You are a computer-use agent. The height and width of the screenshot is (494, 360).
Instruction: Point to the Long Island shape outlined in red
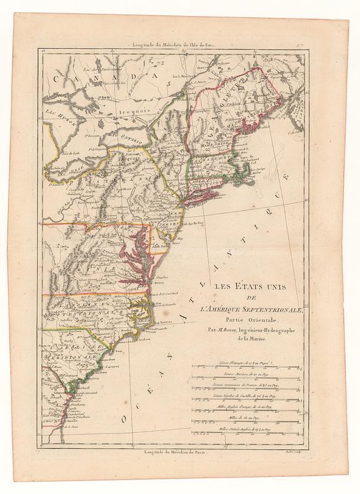point(204,196)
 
